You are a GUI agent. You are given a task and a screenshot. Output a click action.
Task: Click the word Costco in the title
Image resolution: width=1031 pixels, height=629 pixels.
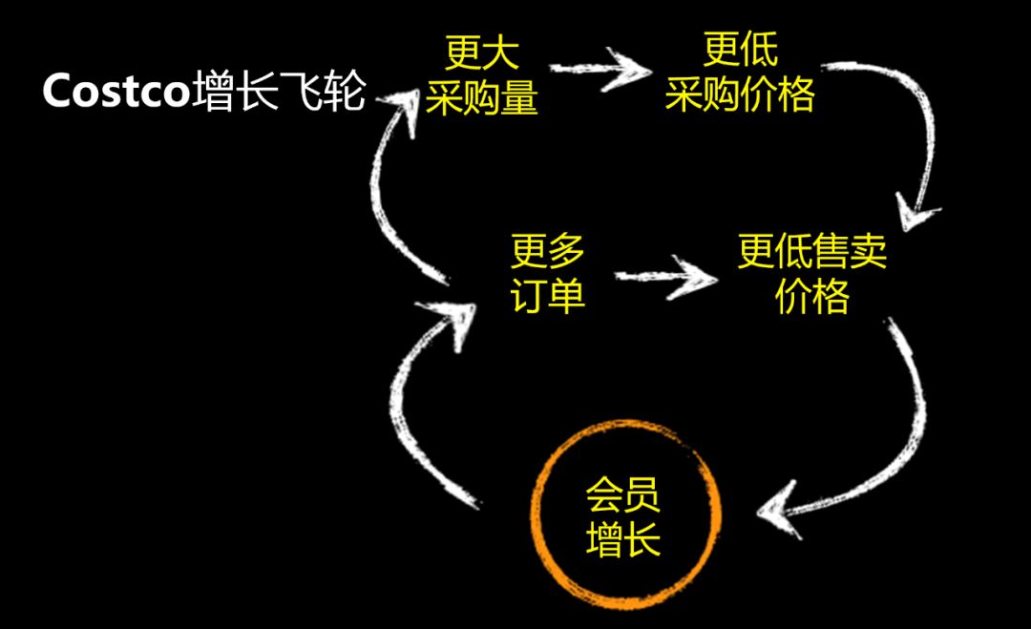pyautogui.click(x=115, y=94)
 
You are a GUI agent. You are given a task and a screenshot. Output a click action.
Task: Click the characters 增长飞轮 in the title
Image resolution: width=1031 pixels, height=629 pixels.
pyautogui.click(x=278, y=94)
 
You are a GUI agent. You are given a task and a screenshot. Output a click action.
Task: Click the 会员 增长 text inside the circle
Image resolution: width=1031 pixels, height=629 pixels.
pyautogui.click(x=623, y=520)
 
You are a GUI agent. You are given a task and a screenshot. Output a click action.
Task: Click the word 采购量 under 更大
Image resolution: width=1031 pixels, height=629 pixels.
pyautogui.click(x=481, y=97)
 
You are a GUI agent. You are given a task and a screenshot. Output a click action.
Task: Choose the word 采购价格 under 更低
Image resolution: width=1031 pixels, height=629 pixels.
pyautogui.click(x=740, y=95)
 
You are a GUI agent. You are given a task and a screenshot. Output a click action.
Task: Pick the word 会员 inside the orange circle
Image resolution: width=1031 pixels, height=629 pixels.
pyautogui.click(x=623, y=497)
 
